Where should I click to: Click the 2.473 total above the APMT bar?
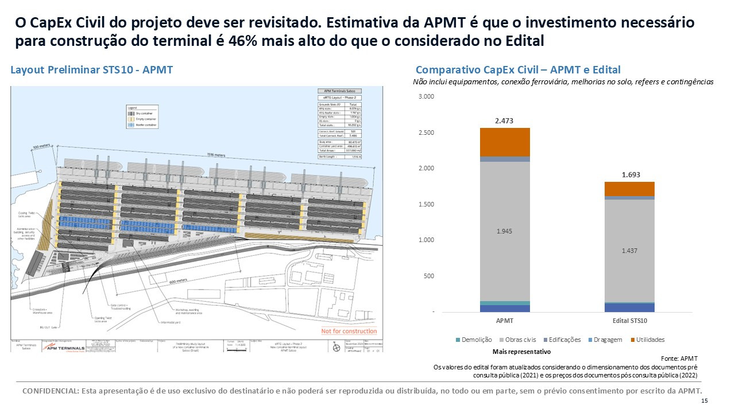click(504, 120)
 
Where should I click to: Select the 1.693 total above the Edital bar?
click(630, 174)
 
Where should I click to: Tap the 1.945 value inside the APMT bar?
click(504, 232)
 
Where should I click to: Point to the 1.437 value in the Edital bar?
click(630, 251)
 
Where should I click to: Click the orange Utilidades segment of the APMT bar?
click(504, 142)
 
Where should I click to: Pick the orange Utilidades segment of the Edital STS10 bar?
click(630, 189)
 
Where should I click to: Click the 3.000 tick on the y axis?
click(426, 96)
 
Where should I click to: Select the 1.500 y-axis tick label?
click(426, 204)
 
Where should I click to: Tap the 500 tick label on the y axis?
click(429, 276)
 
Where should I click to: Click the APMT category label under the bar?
click(504, 321)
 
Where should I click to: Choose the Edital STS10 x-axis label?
click(630, 321)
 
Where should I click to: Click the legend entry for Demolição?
click(475, 340)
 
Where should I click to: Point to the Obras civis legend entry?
click(519, 340)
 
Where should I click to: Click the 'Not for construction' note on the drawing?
click(349, 331)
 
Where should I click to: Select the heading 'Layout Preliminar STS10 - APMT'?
click(92, 70)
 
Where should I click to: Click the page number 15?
click(705, 401)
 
